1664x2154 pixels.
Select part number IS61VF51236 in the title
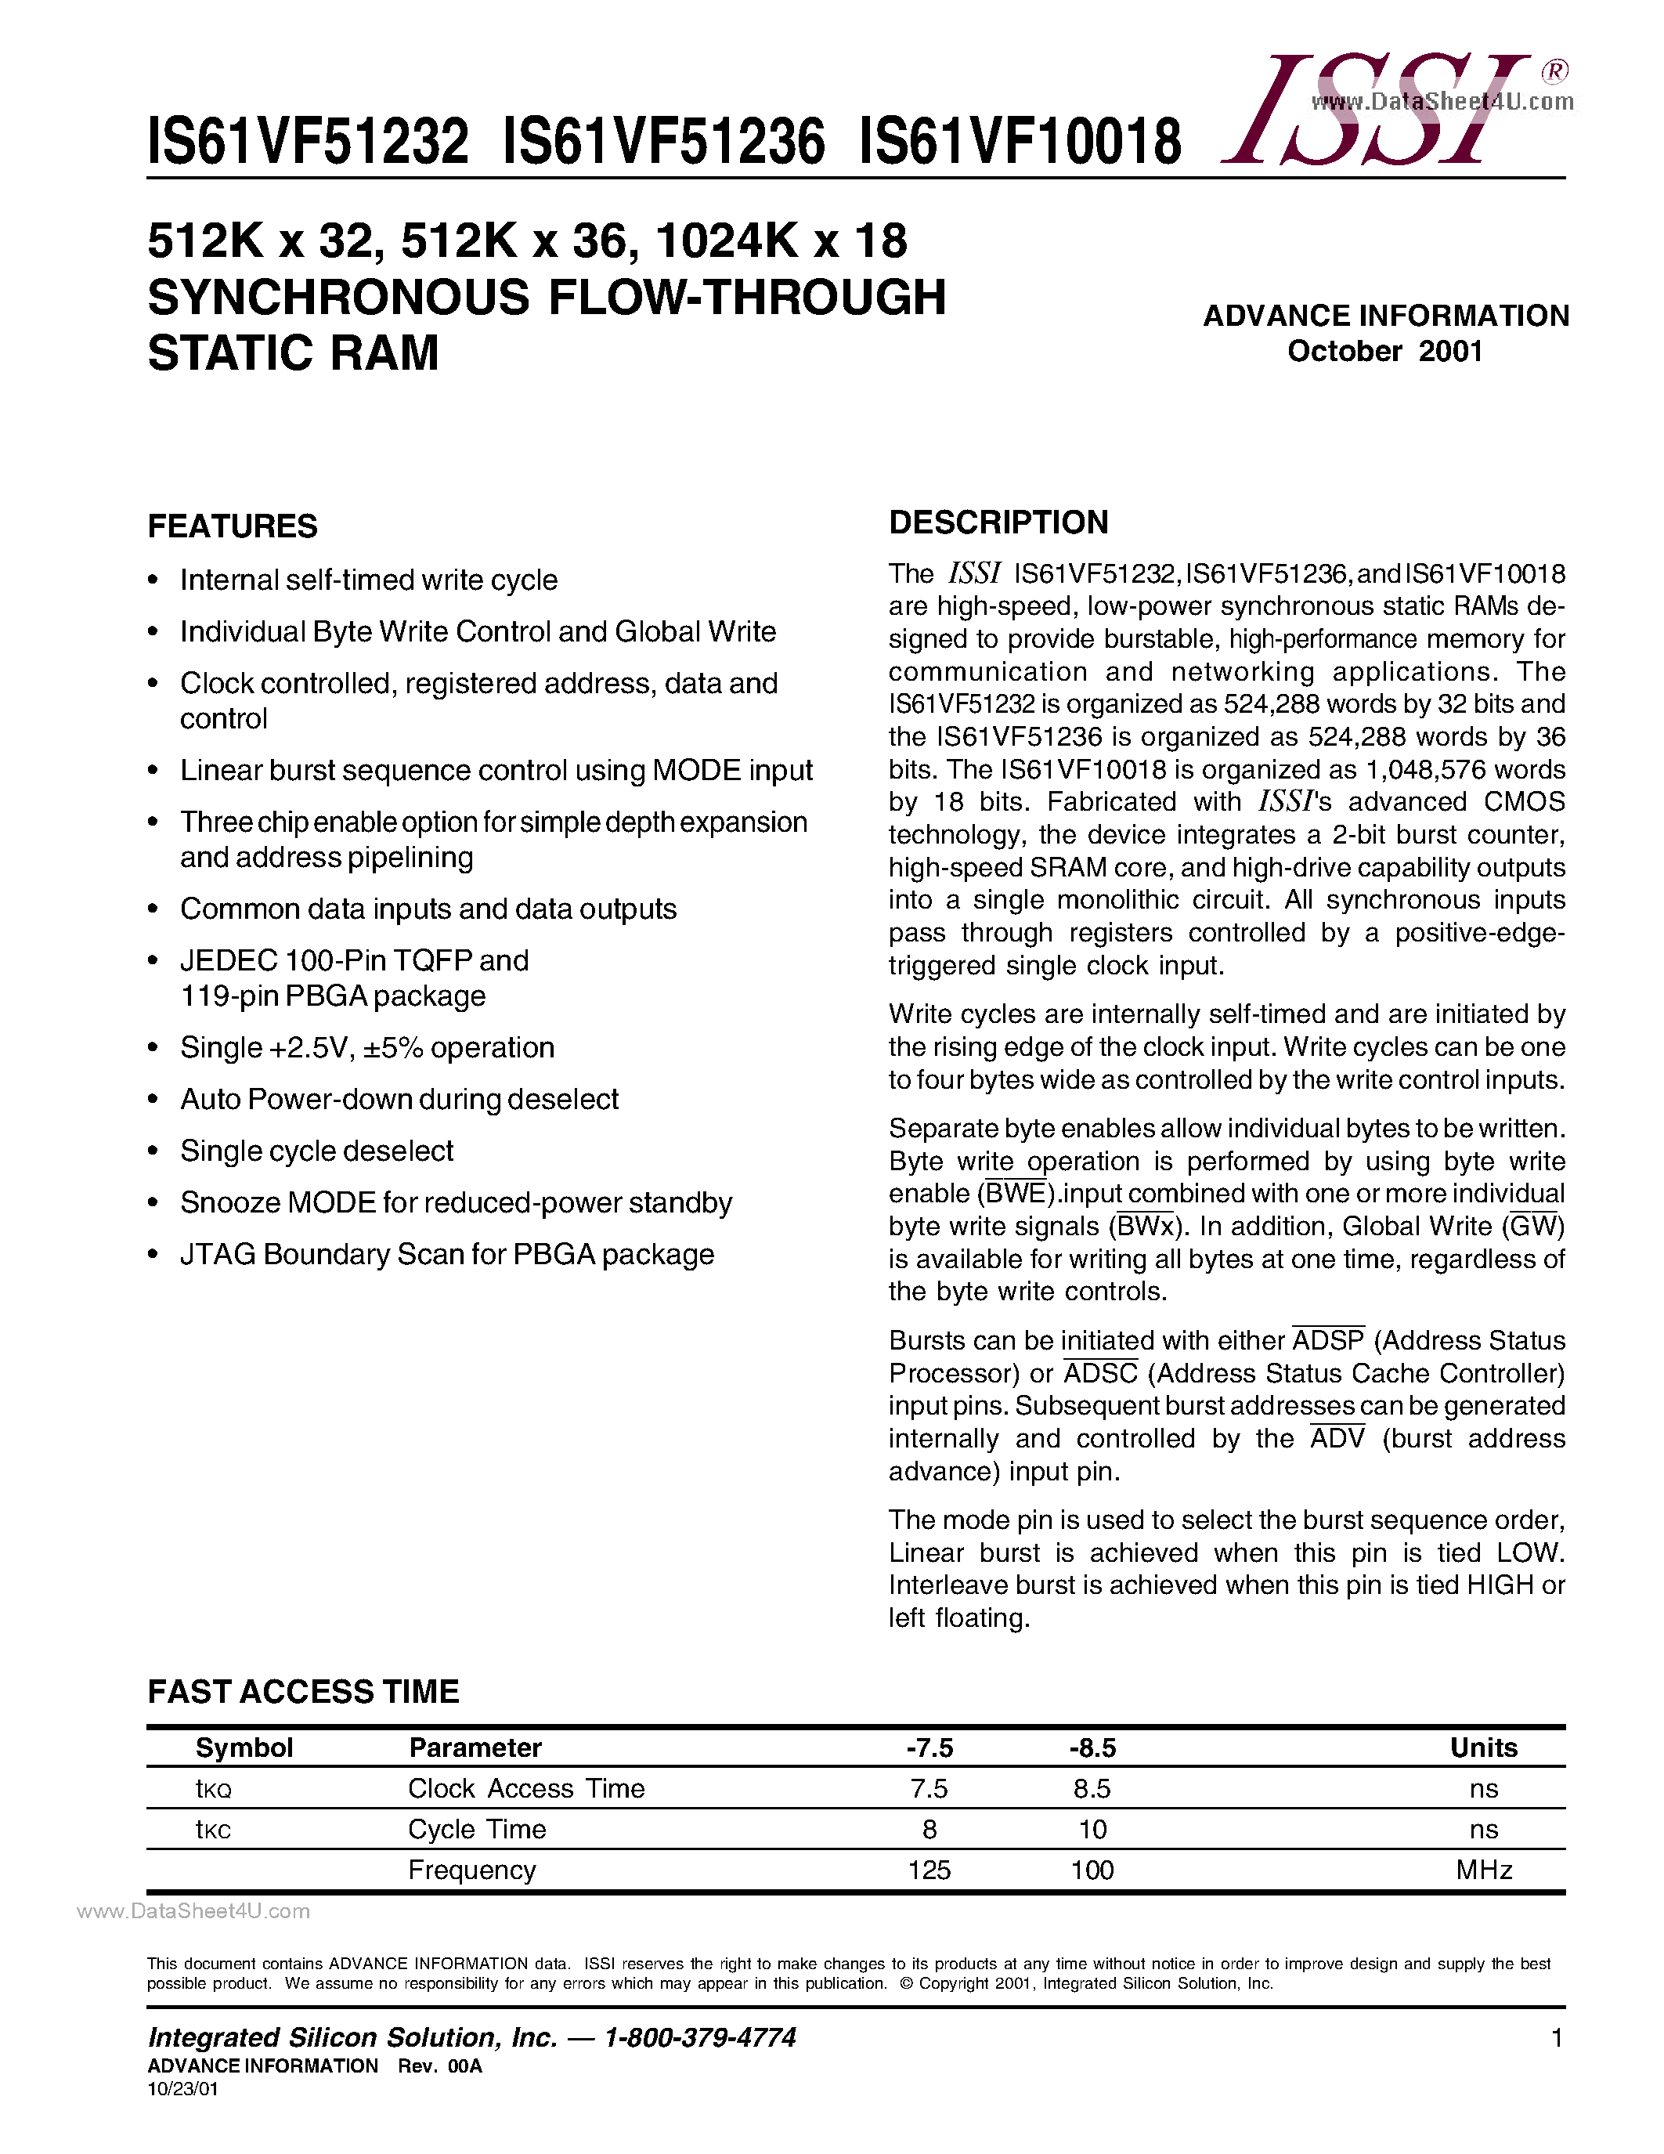click(662, 141)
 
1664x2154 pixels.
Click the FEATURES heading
click(233, 526)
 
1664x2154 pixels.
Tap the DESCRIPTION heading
click(998, 522)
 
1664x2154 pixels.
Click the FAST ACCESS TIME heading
click(304, 1693)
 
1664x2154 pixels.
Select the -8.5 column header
click(1092, 1748)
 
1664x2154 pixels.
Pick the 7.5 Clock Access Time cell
click(929, 1789)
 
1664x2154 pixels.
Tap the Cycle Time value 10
click(1092, 1830)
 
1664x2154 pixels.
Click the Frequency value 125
click(929, 1870)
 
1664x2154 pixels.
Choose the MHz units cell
click(1484, 1870)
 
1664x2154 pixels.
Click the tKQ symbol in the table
click(213, 1790)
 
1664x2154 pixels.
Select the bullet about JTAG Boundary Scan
click(446, 1255)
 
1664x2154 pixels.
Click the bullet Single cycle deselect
click(316, 1151)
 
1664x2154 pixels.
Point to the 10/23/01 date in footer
click(183, 2089)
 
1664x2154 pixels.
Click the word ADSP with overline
click(1328, 1341)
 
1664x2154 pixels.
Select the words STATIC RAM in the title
click(293, 353)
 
